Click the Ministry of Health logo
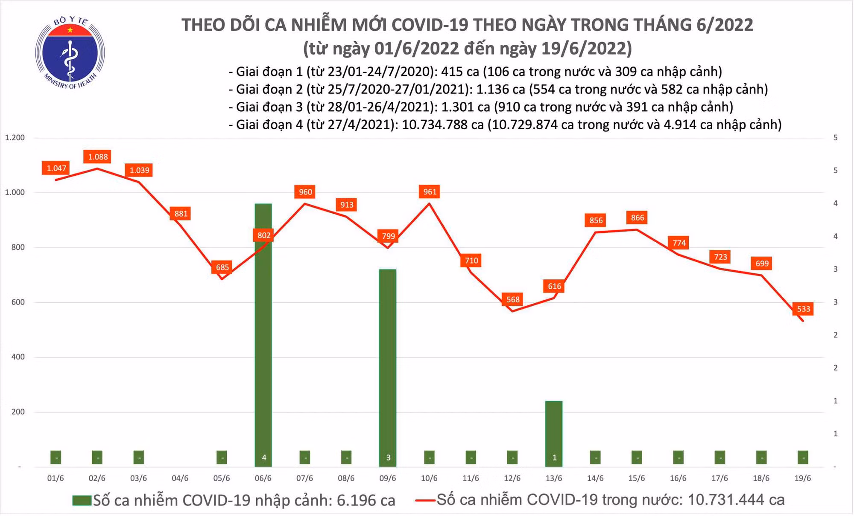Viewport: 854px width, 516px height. (70, 52)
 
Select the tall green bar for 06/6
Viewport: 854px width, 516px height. (263, 333)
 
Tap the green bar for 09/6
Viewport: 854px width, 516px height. (388, 367)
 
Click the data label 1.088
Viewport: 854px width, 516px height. (98, 157)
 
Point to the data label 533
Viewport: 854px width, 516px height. (803, 309)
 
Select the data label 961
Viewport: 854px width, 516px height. (430, 192)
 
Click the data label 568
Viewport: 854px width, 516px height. (513, 299)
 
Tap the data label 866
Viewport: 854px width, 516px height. (637, 218)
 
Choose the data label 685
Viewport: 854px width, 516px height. (222, 267)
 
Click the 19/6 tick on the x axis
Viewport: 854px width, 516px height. (802, 478)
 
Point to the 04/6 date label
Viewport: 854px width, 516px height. (180, 478)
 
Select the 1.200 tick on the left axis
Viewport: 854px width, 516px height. (15, 138)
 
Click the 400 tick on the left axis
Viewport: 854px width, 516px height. (18, 357)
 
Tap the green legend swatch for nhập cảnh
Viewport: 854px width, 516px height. (82, 500)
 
